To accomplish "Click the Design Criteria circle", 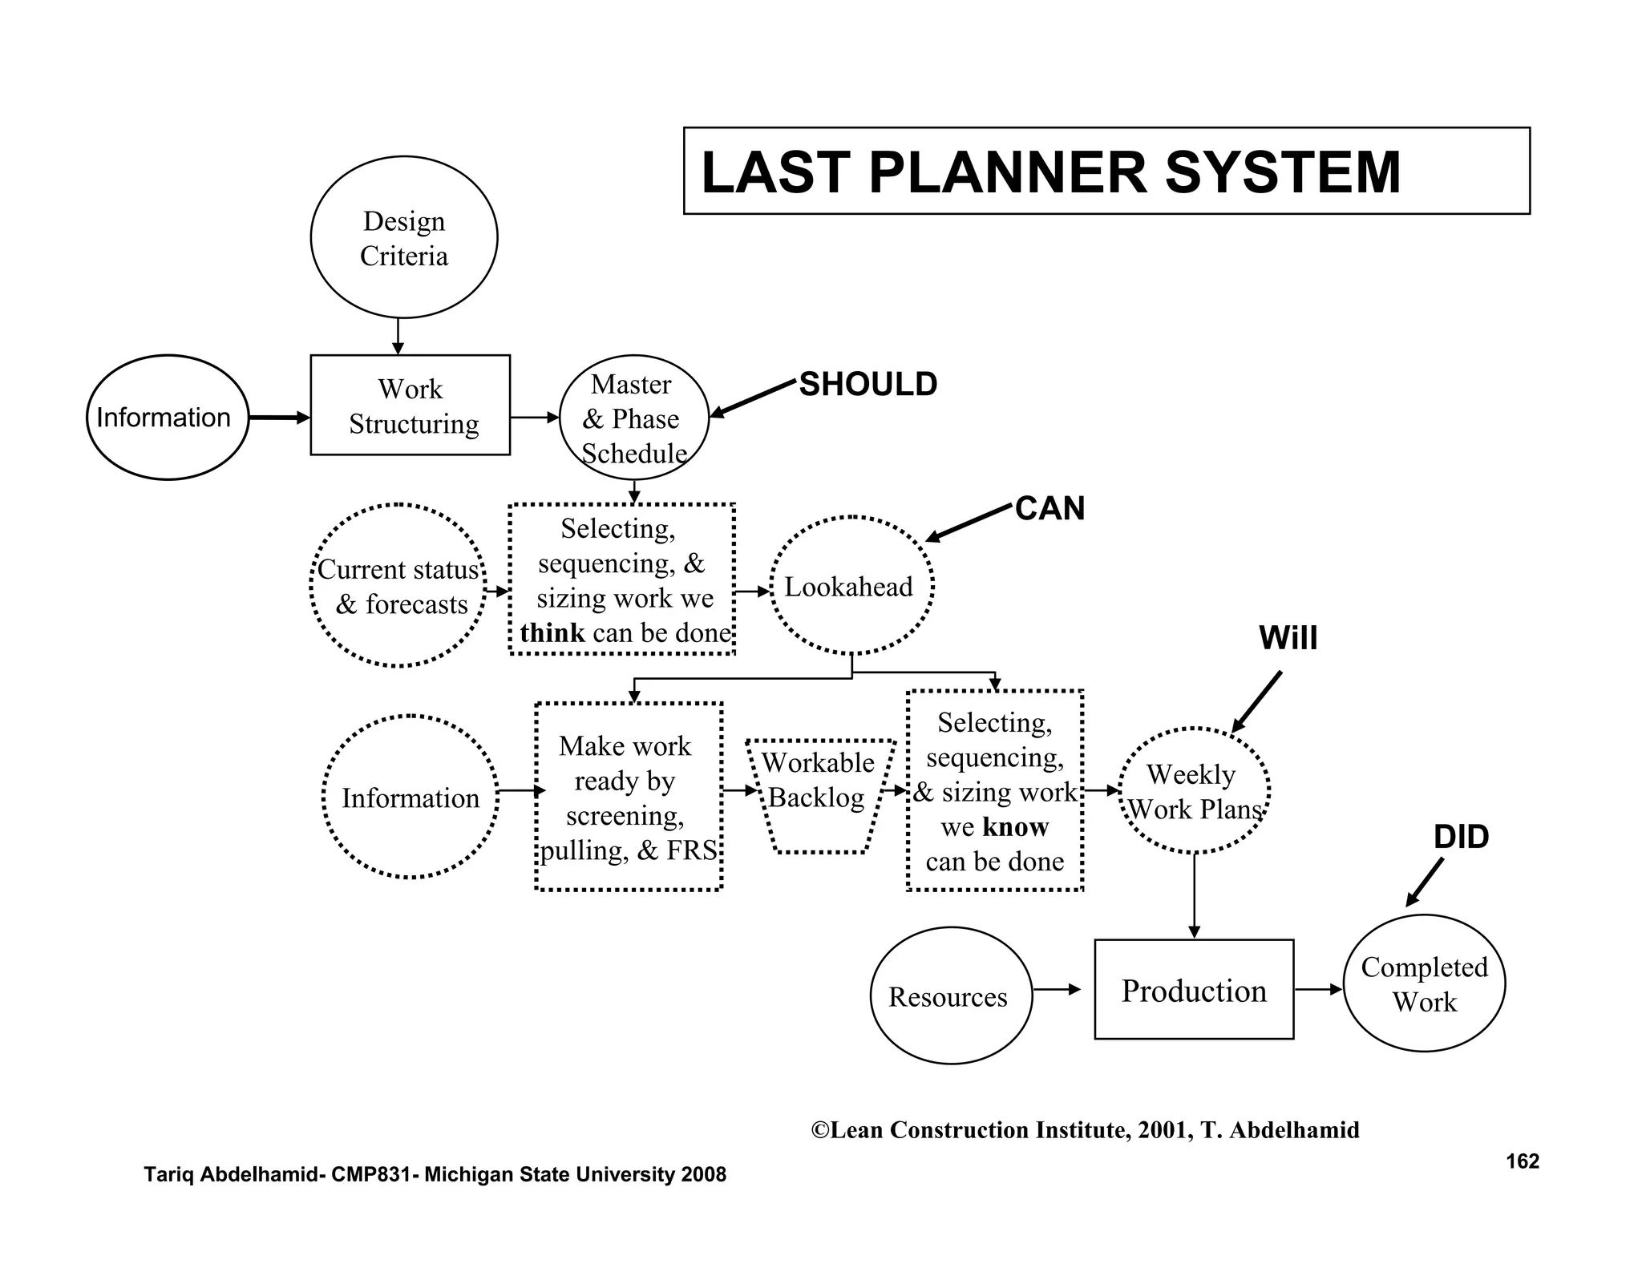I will pos(404,237).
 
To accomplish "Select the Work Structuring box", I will pos(410,406).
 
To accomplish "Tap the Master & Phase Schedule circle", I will pos(633,418).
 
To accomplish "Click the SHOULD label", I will pos(868,385).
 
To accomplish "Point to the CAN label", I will pos(1050,508).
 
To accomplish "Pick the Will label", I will pos(1288,638).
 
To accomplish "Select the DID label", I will pos(1461,837).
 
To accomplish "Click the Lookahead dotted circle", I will pos(851,586).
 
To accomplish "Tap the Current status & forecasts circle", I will pos(398,586).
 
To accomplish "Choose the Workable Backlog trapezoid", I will pos(819,795).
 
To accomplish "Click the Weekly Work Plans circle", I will pos(1194,791).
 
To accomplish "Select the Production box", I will pos(1194,990).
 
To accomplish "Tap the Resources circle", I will pos(951,996).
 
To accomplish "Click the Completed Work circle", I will pos(1424,983).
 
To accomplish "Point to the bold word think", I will pos(552,633).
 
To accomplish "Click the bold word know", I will pos(1015,826).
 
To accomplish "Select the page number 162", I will pos(1522,1161).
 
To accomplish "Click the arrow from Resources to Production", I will pos(1058,990).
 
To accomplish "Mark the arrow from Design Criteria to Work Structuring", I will pos(398,337).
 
